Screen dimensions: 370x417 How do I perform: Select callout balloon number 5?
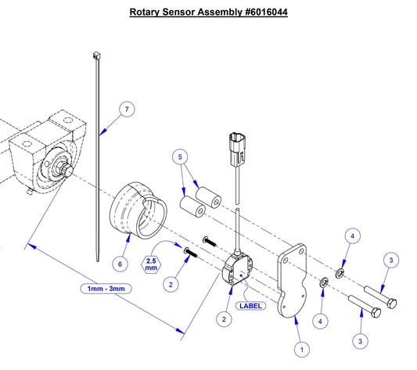click(x=182, y=157)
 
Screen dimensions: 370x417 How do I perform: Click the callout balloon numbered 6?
click(x=120, y=264)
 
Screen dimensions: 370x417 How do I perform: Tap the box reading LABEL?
click(x=252, y=306)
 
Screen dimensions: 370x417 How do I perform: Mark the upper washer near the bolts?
click(x=340, y=272)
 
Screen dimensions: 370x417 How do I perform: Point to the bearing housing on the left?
click(x=47, y=156)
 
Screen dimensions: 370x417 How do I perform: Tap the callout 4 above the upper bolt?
click(x=352, y=235)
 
